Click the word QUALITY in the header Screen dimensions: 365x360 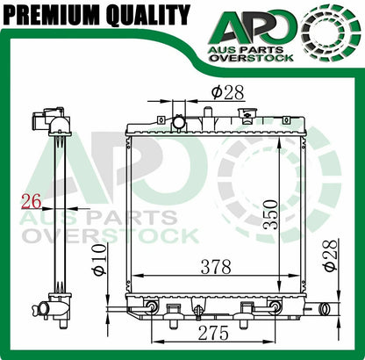148,15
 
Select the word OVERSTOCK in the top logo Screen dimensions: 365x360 252,58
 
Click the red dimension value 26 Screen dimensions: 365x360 31,202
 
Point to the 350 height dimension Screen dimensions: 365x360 270,214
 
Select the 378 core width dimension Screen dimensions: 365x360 216,267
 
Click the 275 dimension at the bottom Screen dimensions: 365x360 213,333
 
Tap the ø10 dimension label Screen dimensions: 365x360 100,260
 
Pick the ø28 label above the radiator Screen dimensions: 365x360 227,92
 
